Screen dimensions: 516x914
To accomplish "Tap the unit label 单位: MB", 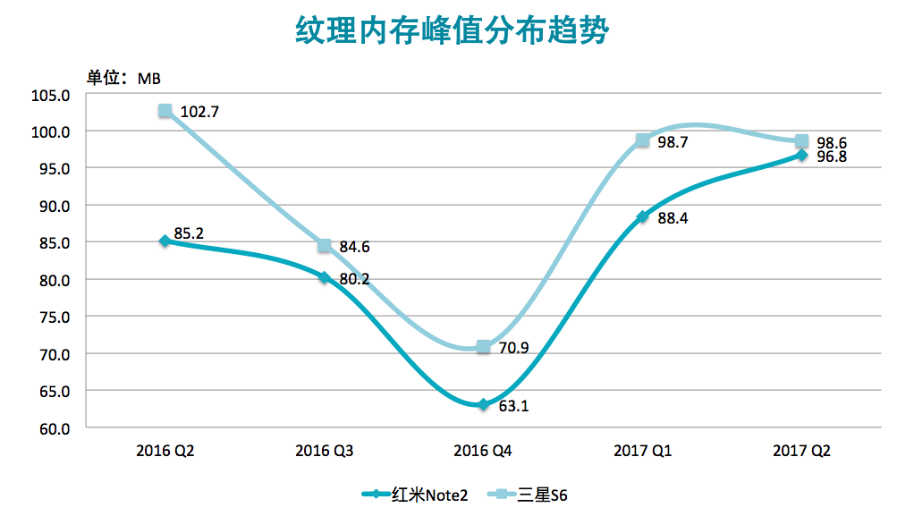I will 123,78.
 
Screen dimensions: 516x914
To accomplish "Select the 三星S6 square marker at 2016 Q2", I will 165,111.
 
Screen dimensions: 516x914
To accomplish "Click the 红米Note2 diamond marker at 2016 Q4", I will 484,405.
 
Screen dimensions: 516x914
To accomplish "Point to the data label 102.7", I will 199,113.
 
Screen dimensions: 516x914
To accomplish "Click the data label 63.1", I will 513,406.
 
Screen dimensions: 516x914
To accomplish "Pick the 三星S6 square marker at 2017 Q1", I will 643,140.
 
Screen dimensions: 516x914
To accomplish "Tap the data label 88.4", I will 673,218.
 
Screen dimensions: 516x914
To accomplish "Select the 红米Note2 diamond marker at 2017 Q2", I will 802,155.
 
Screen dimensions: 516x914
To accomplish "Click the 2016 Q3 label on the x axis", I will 324,452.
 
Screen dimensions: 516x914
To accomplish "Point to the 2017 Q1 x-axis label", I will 643,452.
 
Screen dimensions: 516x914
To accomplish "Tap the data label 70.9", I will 513,347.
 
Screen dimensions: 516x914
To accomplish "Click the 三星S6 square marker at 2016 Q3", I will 324,246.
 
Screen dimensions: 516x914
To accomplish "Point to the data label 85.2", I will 189,234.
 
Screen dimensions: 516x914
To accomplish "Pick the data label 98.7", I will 673,141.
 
